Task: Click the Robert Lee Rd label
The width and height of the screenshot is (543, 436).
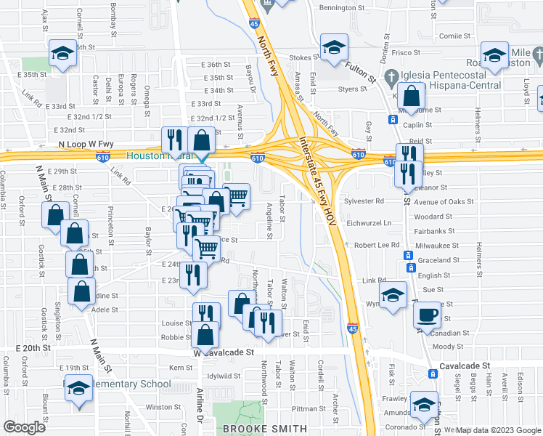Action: (377, 245)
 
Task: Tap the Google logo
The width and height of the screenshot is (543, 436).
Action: (23, 427)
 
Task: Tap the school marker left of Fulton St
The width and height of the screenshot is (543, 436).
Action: (334, 49)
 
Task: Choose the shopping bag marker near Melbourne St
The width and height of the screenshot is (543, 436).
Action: (412, 97)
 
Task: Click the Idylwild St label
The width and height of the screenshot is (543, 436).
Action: (224, 376)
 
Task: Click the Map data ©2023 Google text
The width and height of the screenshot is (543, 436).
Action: (497, 429)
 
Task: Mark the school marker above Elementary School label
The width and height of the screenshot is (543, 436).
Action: (78, 389)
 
